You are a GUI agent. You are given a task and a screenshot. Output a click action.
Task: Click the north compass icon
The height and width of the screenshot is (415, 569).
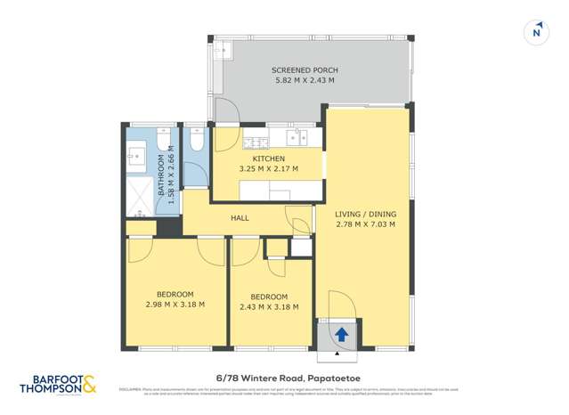pyautogui.click(x=536, y=31)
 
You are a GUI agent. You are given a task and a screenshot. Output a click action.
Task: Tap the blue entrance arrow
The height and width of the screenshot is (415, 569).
pyautogui.click(x=341, y=335)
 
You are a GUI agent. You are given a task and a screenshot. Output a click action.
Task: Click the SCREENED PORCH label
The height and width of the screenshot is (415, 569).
pyautogui.click(x=305, y=70)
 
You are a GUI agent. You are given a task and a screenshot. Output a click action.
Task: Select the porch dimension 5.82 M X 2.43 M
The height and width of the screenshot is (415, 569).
pyautogui.click(x=305, y=81)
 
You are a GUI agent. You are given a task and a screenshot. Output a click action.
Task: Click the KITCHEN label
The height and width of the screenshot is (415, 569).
pyautogui.click(x=268, y=159)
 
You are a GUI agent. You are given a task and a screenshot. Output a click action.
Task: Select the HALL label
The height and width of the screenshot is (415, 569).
pyautogui.click(x=240, y=217)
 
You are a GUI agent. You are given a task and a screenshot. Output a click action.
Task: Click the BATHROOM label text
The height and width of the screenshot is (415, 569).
pyautogui.click(x=162, y=176)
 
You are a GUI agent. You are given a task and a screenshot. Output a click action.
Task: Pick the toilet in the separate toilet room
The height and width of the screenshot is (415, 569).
pyautogui.click(x=196, y=141)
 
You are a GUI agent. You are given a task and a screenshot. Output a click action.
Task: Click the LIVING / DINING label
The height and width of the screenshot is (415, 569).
pyautogui.click(x=365, y=215)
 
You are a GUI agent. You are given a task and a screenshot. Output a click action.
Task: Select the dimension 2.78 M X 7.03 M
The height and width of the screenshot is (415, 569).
pyautogui.click(x=365, y=224)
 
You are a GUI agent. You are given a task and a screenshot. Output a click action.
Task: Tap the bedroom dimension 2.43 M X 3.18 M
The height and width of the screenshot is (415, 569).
pyautogui.click(x=269, y=306)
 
